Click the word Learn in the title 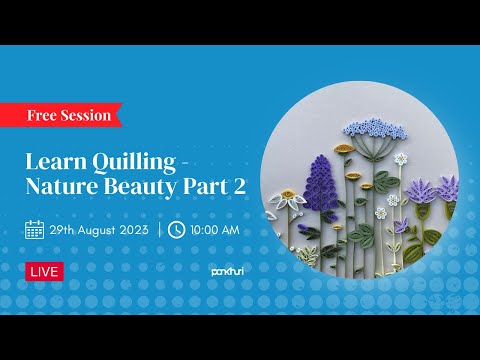[51, 163]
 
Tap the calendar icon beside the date [34, 229]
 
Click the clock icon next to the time [177, 229]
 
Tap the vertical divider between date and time [160, 229]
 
